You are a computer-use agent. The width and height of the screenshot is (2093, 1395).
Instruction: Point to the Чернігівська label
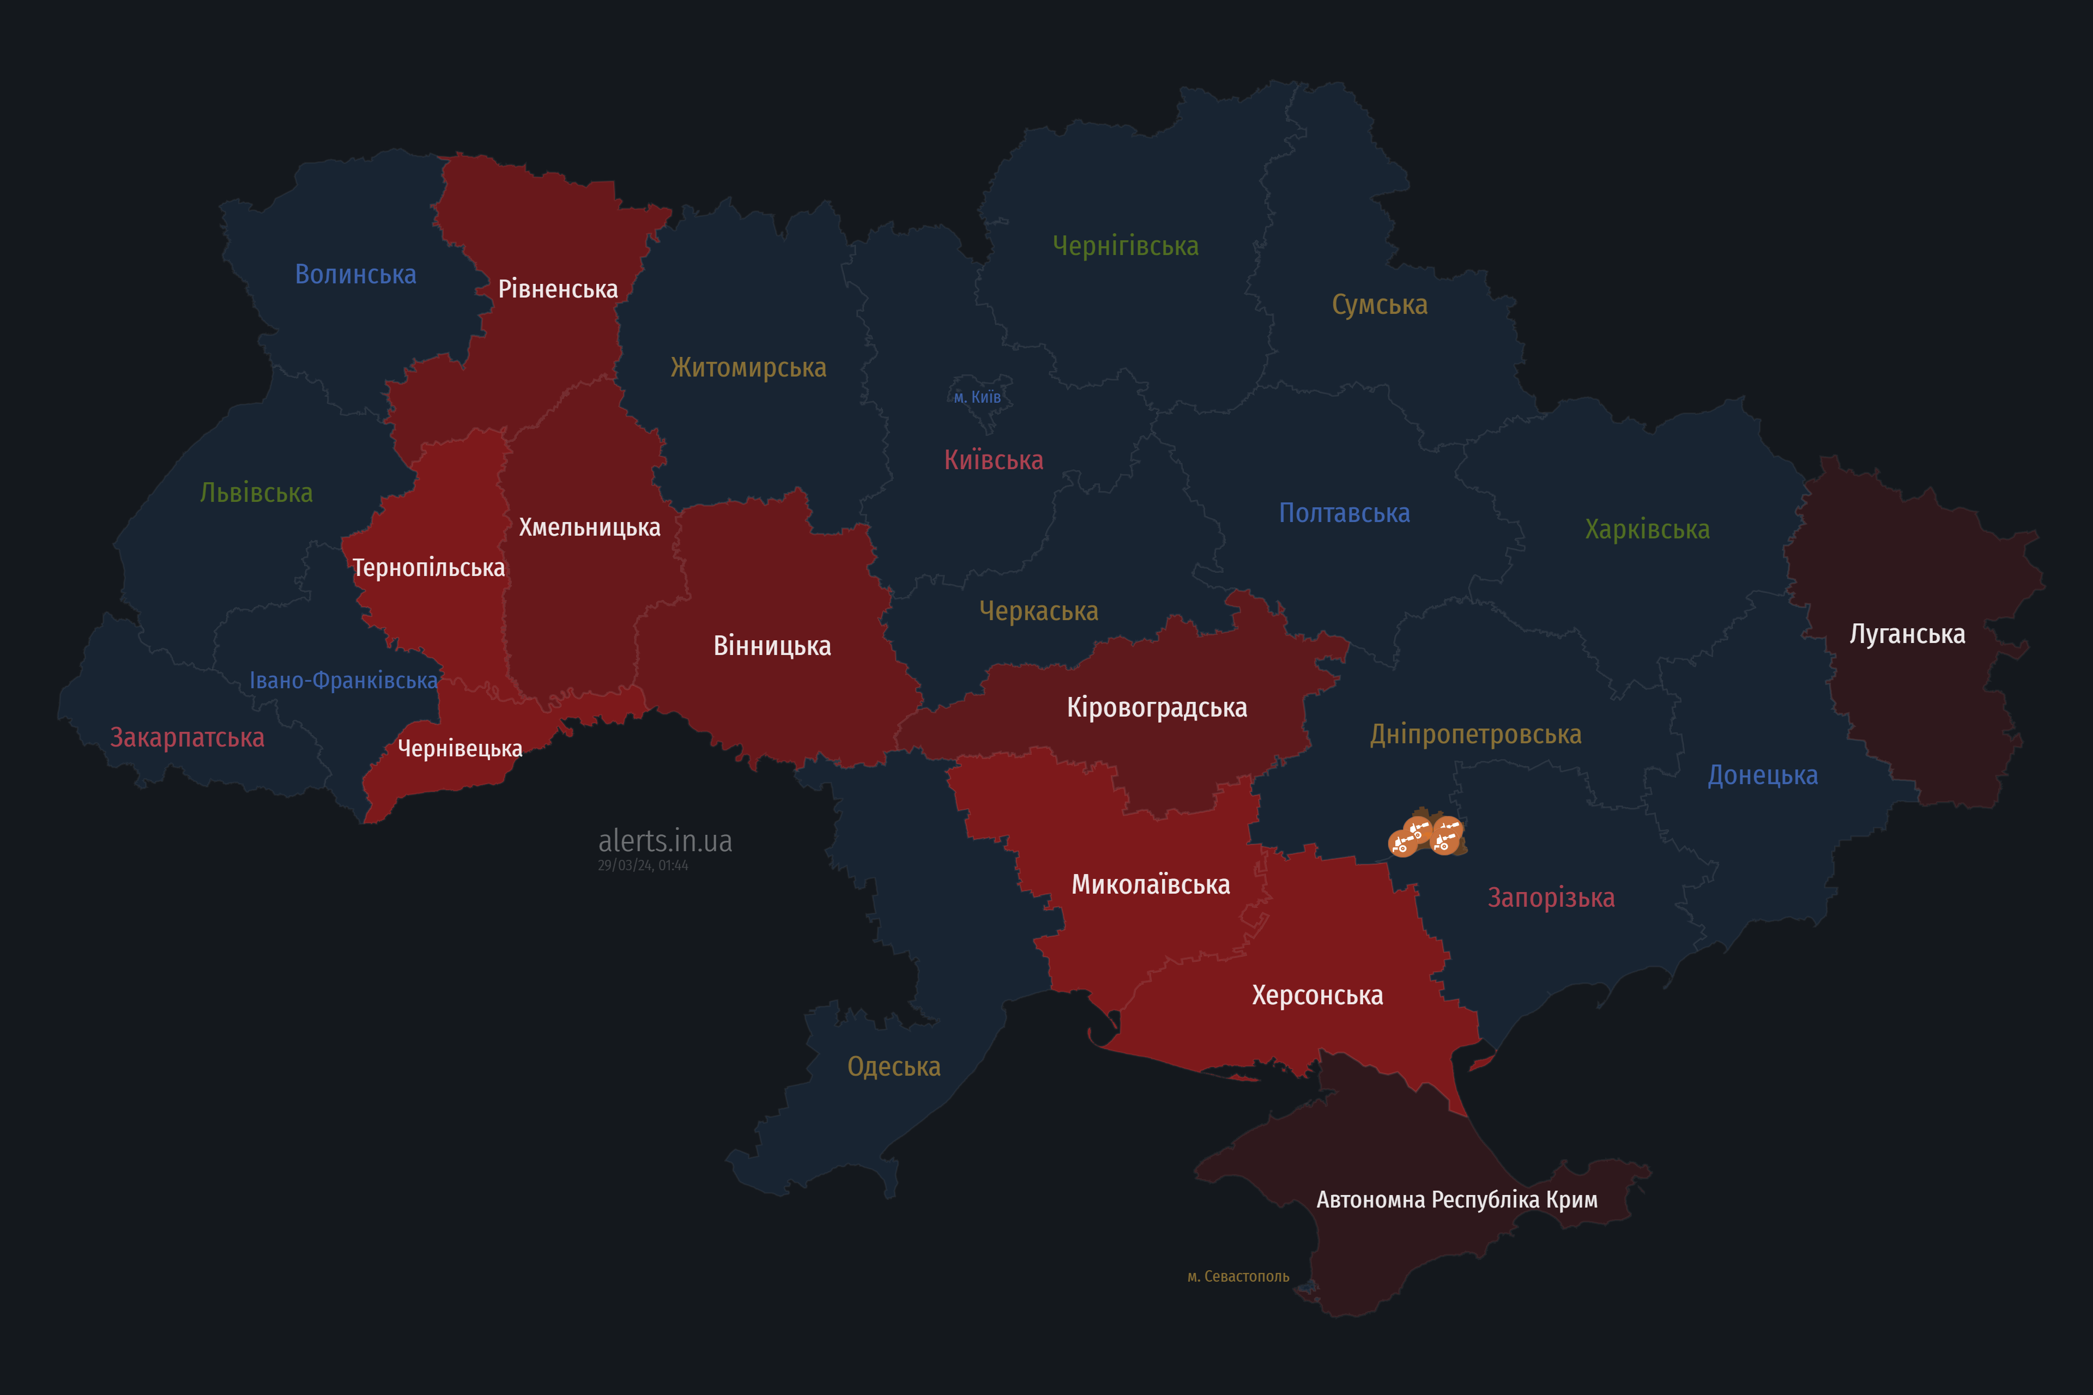tap(1125, 246)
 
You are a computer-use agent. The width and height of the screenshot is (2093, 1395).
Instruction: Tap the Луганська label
tap(1907, 634)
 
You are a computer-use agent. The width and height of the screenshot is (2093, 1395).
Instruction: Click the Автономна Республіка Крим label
tap(1457, 1199)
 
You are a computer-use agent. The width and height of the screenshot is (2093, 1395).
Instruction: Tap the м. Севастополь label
tap(1238, 1277)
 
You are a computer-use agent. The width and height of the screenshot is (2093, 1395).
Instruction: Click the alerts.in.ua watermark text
tap(665, 841)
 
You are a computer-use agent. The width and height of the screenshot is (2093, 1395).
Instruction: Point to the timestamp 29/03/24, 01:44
tap(643, 866)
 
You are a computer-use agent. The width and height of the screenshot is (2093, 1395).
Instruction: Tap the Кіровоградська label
tap(1156, 708)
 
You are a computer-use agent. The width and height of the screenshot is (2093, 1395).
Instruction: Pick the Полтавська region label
tap(1344, 513)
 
